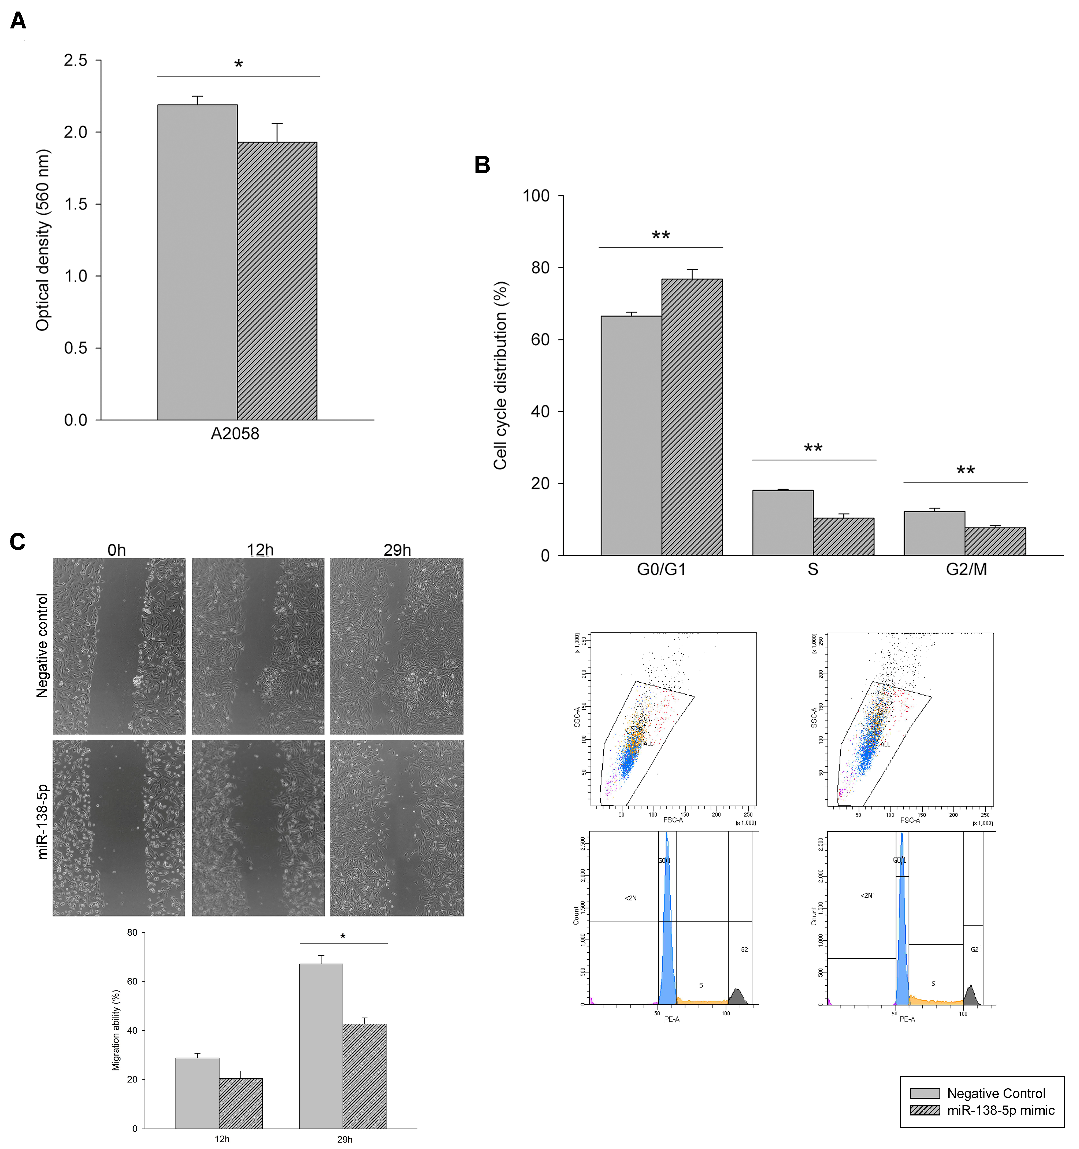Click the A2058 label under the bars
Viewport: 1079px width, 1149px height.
click(x=235, y=433)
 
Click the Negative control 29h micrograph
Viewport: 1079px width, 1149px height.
click(x=396, y=646)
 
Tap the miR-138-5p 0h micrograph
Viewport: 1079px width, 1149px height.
click(x=119, y=828)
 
